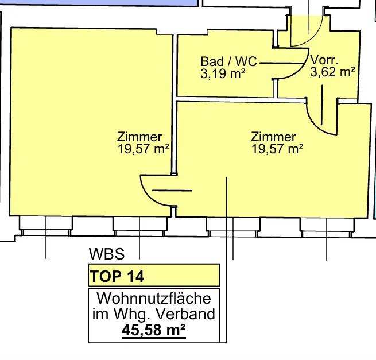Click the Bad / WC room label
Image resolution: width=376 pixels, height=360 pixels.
tap(229, 61)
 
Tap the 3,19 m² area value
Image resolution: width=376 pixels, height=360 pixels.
tap(223, 73)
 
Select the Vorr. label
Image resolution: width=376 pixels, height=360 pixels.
tap(324, 60)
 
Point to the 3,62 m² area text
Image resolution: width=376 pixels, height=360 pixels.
tap(332, 72)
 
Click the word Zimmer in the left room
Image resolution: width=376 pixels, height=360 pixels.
tap(139, 137)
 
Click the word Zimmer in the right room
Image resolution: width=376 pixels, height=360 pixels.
tap(273, 137)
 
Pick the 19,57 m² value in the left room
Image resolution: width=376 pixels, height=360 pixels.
tap(144, 149)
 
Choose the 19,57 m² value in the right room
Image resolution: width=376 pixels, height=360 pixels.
tap(277, 149)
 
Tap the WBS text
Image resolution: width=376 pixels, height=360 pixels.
tap(107, 254)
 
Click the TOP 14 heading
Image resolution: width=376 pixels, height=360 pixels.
tap(117, 276)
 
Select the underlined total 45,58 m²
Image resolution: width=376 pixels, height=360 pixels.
tap(154, 331)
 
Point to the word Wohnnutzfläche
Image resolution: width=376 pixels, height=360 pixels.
tap(154, 299)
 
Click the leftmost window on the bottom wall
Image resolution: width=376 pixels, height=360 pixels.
tap(45, 226)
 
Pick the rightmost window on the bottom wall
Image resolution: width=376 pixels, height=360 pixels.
tap(327, 227)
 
